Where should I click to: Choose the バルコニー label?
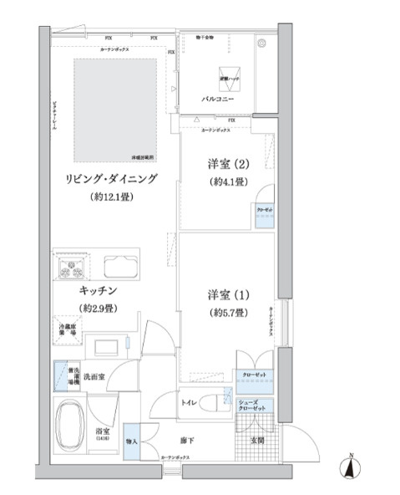tap(217, 99)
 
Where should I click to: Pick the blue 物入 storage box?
tap(132, 441)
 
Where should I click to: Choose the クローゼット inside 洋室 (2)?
tap(263, 214)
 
